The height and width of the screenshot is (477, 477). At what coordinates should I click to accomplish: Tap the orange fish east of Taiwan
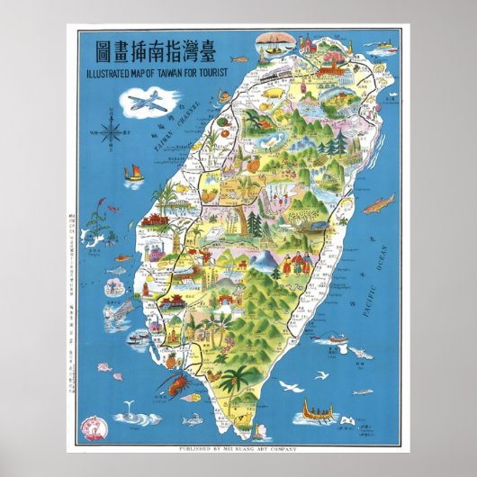coord(381,202)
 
